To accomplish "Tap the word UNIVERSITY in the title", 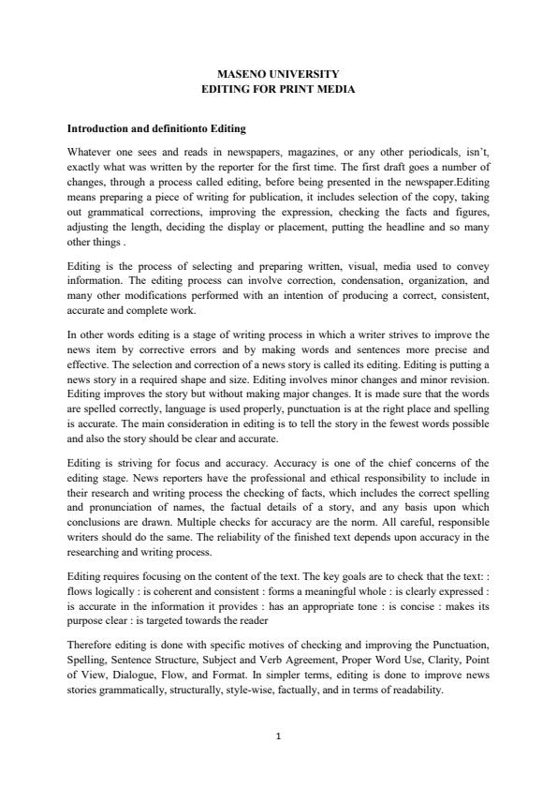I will (301, 73).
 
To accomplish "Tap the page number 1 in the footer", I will (278, 736).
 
